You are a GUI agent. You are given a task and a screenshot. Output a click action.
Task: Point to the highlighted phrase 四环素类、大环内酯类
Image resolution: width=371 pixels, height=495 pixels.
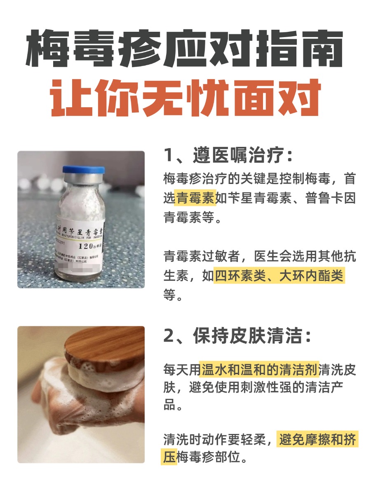(x=279, y=276)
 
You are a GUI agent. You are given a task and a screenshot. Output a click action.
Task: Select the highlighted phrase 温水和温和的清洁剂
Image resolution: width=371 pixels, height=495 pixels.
(x=260, y=370)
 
